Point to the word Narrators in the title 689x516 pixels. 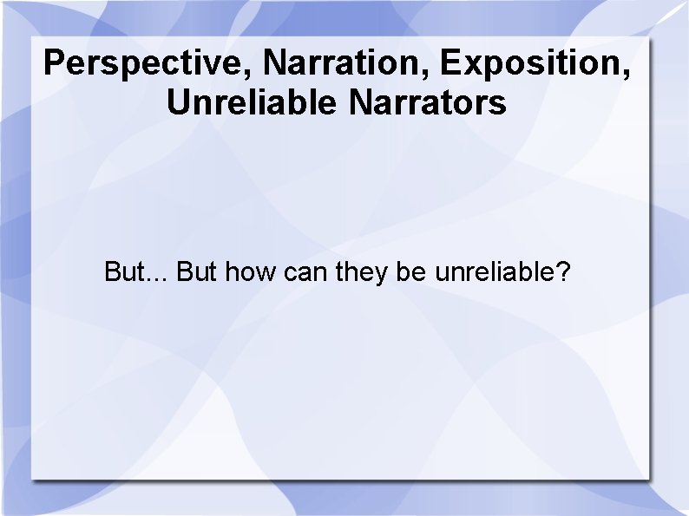coord(428,103)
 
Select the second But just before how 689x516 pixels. coord(197,272)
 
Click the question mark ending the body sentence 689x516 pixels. coord(563,272)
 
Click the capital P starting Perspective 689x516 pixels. coord(54,63)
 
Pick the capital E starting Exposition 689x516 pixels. coord(449,63)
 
